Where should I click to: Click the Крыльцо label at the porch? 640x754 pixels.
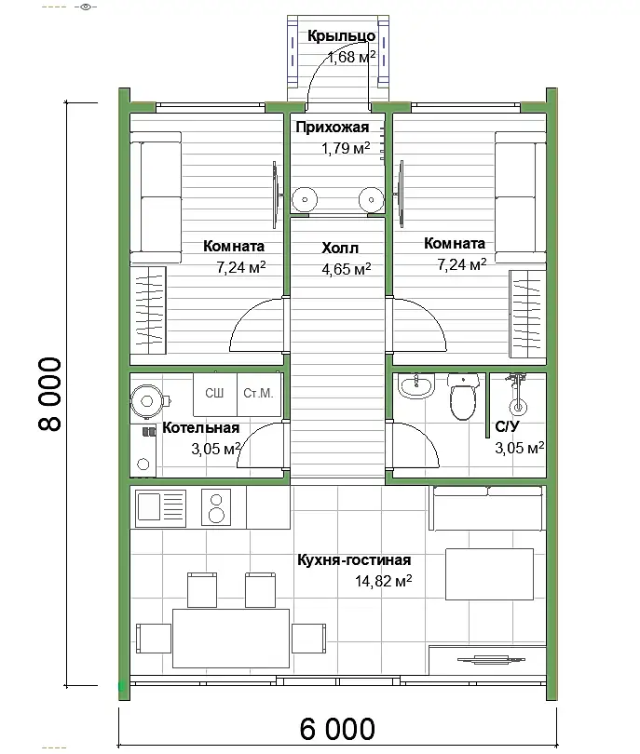click(x=341, y=36)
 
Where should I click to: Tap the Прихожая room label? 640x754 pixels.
click(x=333, y=127)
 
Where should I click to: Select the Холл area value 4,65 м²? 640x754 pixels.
click(x=346, y=268)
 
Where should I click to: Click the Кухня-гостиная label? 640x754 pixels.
click(x=354, y=559)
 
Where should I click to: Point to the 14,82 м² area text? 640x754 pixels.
click(x=384, y=581)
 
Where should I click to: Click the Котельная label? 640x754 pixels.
click(x=200, y=427)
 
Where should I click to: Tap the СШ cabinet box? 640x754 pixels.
click(x=215, y=395)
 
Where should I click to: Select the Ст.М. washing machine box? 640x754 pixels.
click(x=259, y=395)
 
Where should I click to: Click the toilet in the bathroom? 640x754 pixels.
click(x=463, y=397)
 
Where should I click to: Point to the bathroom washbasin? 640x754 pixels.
click(x=416, y=386)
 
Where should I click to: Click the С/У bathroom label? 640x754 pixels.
click(x=507, y=426)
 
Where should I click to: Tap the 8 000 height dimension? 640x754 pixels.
click(x=50, y=394)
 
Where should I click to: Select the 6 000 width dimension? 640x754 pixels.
click(x=337, y=729)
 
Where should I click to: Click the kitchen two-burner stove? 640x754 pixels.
click(x=216, y=506)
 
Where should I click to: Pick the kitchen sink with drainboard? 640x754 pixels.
click(x=161, y=506)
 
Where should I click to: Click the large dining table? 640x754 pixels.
click(x=231, y=639)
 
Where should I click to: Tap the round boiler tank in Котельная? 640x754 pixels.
click(x=147, y=400)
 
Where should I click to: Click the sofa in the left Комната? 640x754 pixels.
click(x=156, y=197)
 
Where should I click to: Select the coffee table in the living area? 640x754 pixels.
click(x=489, y=574)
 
